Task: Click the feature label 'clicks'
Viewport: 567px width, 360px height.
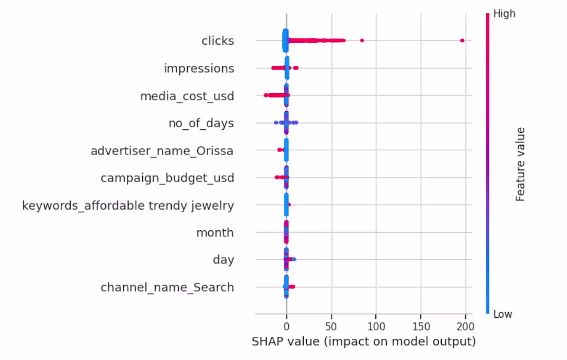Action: pyautogui.click(x=218, y=41)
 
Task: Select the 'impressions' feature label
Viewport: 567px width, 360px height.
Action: pyautogui.click(x=199, y=68)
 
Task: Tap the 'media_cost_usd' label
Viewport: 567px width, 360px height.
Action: pyautogui.click(x=187, y=96)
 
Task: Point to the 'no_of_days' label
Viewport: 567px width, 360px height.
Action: pyautogui.click(x=201, y=123)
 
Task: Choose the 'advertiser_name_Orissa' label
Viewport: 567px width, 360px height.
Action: pyautogui.click(x=162, y=151)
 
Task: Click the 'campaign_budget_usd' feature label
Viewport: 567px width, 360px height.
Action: pyautogui.click(x=167, y=178)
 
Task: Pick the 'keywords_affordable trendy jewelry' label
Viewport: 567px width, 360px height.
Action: pyautogui.click(x=128, y=205)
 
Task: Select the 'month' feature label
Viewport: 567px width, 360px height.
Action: pyautogui.click(x=215, y=233)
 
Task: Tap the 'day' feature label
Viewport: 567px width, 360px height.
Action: pyautogui.click(x=223, y=260)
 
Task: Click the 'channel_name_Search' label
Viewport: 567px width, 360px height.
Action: pyautogui.click(x=167, y=287)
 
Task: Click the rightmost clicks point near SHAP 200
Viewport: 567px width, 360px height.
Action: pyautogui.click(x=462, y=40)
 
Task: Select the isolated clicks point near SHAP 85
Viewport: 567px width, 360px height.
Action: pyautogui.click(x=362, y=40)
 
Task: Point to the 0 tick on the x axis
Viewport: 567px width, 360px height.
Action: pyautogui.click(x=286, y=327)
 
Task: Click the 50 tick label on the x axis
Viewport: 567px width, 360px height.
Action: pyautogui.click(x=331, y=327)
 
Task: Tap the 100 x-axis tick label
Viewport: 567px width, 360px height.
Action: pyautogui.click(x=376, y=327)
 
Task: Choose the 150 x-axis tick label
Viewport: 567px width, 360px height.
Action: pyautogui.click(x=421, y=327)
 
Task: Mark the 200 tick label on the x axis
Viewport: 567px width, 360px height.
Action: pyautogui.click(x=465, y=327)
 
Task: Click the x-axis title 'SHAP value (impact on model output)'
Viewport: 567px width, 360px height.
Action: pyautogui.click(x=363, y=341)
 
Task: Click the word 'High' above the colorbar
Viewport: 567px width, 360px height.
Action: pyautogui.click(x=504, y=14)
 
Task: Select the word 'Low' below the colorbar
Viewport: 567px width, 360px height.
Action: pyautogui.click(x=503, y=314)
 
